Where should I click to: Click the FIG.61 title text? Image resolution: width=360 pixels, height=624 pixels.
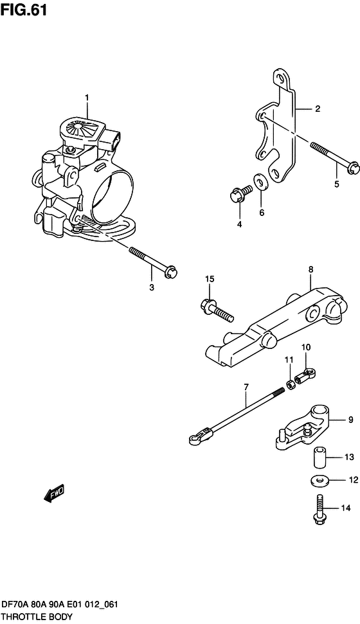pyautogui.click(x=24, y=10)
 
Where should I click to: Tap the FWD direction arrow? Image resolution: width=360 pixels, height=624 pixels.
pyautogui.click(x=53, y=494)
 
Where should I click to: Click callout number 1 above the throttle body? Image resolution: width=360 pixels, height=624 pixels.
pyautogui.click(x=87, y=98)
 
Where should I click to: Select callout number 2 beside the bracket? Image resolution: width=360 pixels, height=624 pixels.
pyautogui.click(x=318, y=109)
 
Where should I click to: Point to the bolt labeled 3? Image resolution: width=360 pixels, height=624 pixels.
pyautogui.click(x=153, y=262)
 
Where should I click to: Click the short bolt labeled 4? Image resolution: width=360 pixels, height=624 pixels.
pyautogui.click(x=240, y=193)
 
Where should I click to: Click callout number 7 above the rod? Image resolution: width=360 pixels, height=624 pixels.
pyautogui.click(x=246, y=386)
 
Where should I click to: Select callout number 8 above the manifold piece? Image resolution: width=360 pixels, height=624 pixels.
pyautogui.click(x=310, y=269)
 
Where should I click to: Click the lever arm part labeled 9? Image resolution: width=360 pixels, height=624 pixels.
pyautogui.click(x=303, y=432)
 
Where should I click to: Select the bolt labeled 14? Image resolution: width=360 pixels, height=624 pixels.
pyautogui.click(x=319, y=510)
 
